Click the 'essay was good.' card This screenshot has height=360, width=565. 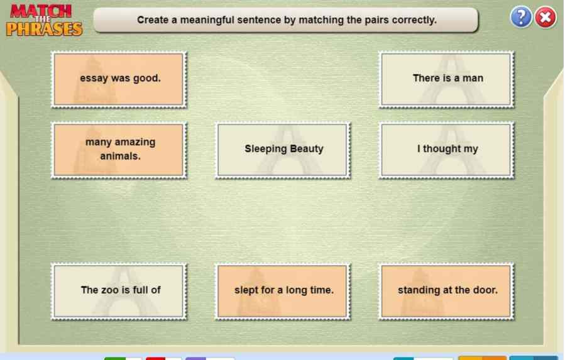(x=119, y=79)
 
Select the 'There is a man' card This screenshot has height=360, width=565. (x=446, y=79)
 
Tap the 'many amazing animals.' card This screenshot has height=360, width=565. (x=119, y=150)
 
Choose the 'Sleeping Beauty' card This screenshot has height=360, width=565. (x=283, y=150)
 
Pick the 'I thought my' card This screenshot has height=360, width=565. (x=446, y=150)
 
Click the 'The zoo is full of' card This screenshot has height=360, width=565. (x=119, y=290)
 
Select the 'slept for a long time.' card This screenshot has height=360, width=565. (x=283, y=290)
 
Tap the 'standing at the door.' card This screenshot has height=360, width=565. (x=446, y=290)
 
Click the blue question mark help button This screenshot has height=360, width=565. (x=520, y=18)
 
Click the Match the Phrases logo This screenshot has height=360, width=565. (x=44, y=20)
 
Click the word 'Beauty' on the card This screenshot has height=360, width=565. (x=307, y=149)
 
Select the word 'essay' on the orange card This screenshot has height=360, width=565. (x=93, y=79)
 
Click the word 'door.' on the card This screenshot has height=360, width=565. (x=485, y=290)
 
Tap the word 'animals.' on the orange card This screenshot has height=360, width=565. (x=120, y=156)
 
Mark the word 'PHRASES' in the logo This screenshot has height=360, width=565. (x=44, y=29)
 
